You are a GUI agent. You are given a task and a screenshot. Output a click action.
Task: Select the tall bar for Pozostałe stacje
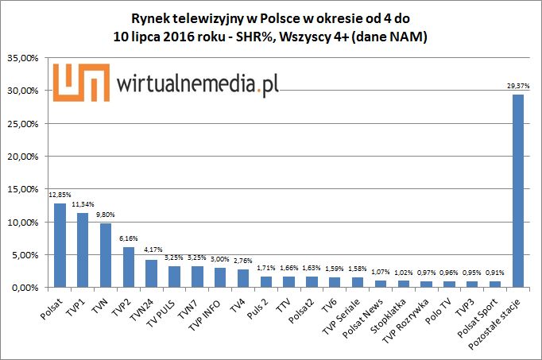point(518,191)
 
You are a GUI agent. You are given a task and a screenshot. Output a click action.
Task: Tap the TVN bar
point(106,254)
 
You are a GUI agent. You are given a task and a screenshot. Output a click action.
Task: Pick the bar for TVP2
point(129,266)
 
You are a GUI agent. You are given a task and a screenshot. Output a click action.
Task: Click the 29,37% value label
point(518,86)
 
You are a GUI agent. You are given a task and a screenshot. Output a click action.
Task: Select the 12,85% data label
point(60,195)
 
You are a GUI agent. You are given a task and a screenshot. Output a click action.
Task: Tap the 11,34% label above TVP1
point(83,205)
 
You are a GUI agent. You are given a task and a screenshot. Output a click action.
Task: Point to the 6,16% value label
point(129,238)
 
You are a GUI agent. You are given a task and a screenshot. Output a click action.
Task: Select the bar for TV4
point(243,277)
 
